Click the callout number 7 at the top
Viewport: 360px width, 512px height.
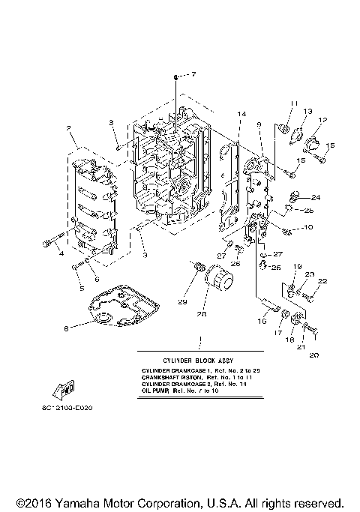192,74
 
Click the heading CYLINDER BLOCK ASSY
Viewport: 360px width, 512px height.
199,360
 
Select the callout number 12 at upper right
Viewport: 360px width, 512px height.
323,119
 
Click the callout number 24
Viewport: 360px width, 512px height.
316,197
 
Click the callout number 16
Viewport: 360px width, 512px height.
262,320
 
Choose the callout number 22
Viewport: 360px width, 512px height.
323,281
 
